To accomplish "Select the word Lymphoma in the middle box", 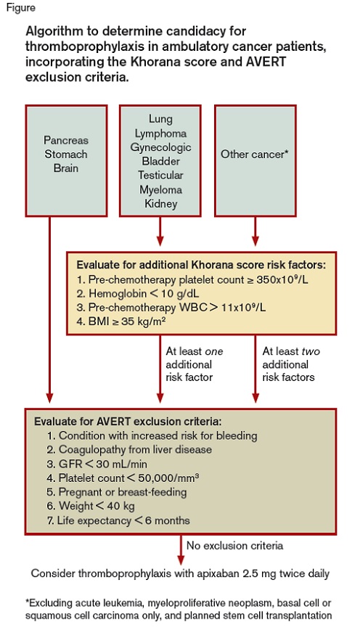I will (x=160, y=134).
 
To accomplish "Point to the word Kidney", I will (x=160, y=203).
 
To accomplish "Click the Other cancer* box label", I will (x=255, y=154).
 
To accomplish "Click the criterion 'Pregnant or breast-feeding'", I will (x=124, y=491).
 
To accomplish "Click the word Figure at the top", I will (x=17, y=8).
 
